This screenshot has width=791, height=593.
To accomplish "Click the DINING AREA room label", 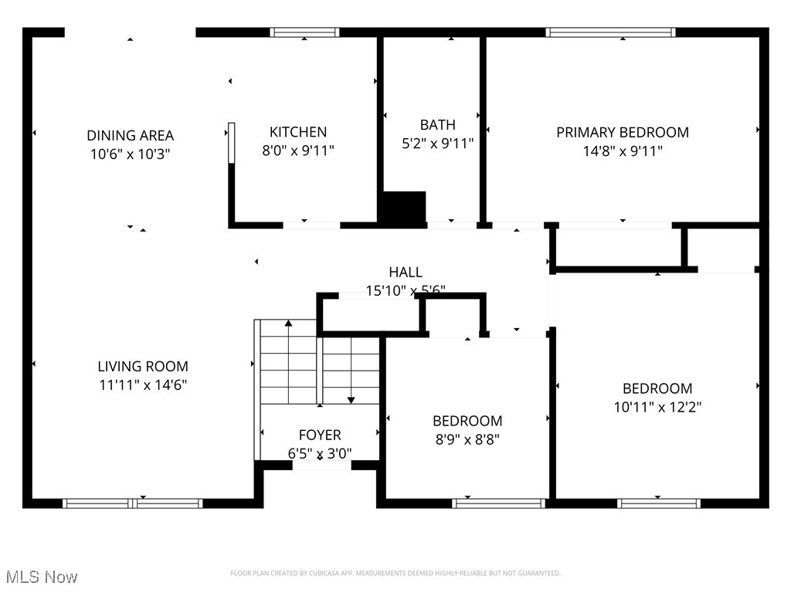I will click(x=130, y=135).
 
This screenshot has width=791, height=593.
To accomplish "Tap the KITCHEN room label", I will click(x=297, y=132).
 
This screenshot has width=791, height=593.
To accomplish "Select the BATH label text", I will click(x=437, y=124).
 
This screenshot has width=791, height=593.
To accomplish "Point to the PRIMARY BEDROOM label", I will click(x=622, y=132).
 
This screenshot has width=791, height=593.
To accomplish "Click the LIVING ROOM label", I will click(x=142, y=366).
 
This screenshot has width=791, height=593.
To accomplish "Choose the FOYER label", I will click(x=320, y=435).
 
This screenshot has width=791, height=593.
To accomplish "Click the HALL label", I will click(x=405, y=272).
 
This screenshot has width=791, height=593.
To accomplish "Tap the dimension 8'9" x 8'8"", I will click(x=467, y=439).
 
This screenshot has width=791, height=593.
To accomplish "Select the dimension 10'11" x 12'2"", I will click(x=657, y=407).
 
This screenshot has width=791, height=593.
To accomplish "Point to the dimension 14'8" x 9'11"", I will click(x=622, y=151).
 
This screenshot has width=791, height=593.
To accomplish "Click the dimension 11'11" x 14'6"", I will click(x=142, y=385).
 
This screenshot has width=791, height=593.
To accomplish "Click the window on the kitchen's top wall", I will click(x=304, y=32).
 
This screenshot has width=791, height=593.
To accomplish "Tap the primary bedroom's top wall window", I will click(x=610, y=32).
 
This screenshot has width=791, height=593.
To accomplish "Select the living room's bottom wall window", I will click(x=133, y=503).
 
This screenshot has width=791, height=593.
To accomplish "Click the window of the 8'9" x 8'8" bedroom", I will click(x=498, y=503).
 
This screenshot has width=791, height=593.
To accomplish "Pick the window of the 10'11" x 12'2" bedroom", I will click(x=659, y=503).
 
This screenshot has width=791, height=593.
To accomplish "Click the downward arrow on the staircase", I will click(x=351, y=399).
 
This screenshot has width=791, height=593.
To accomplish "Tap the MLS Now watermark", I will click(x=42, y=577).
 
